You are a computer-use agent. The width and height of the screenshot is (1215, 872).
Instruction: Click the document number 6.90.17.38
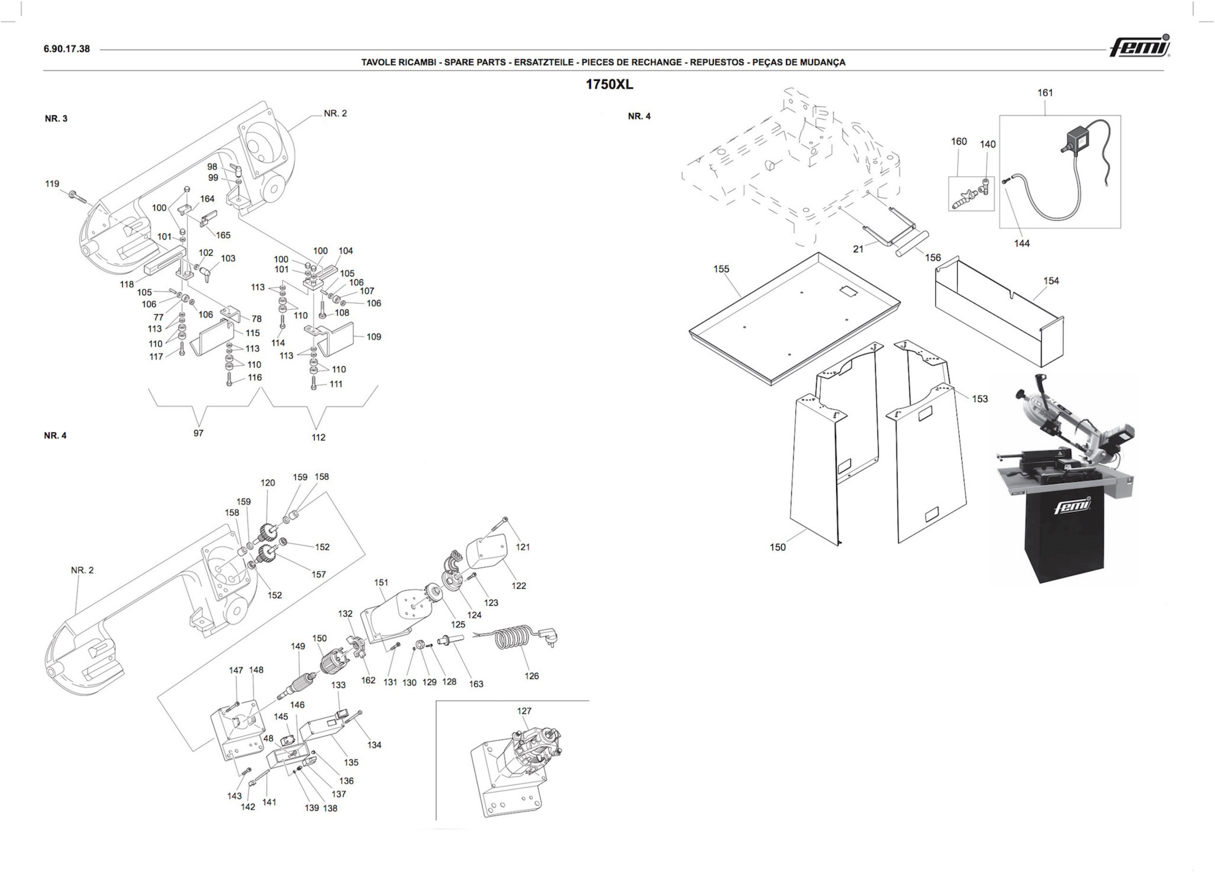click(x=67, y=49)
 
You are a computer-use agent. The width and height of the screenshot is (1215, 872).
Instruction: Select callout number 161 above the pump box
click(x=1045, y=93)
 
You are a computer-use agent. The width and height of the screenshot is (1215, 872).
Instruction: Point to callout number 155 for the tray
click(x=721, y=269)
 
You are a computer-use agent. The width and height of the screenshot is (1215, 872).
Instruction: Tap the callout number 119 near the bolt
click(x=52, y=184)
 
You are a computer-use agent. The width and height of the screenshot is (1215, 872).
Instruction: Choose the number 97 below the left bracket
click(x=198, y=433)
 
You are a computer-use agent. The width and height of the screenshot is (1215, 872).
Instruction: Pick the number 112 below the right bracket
click(x=318, y=437)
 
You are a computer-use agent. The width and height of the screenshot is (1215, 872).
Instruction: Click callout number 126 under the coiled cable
click(x=531, y=676)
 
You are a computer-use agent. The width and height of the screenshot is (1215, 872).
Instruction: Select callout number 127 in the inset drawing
click(x=524, y=711)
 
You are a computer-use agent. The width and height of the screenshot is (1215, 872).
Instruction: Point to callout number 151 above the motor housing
click(x=381, y=582)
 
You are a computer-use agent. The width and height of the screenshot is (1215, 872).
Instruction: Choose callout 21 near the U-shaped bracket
click(x=858, y=249)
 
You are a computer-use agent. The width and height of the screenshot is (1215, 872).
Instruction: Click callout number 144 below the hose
click(x=1022, y=243)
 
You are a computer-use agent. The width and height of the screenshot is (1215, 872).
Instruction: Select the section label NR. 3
click(x=56, y=118)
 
